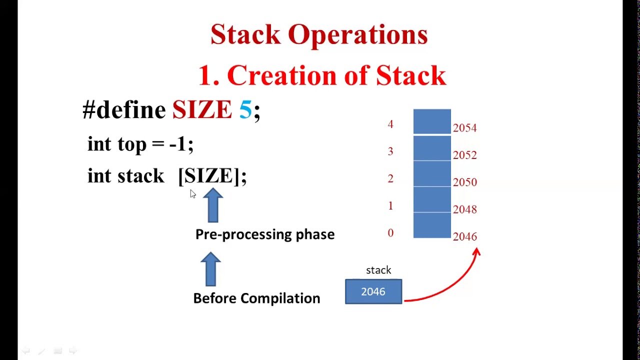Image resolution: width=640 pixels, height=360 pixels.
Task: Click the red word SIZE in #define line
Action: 202,109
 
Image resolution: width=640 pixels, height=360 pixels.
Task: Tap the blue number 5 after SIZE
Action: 245,109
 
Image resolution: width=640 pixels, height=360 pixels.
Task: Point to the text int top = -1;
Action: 140,144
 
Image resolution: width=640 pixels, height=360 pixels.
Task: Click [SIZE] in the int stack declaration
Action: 212,176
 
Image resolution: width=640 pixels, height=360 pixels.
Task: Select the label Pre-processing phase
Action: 264,234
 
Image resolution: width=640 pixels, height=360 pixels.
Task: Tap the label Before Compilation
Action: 256,298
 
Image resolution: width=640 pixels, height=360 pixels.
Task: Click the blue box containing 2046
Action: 373,292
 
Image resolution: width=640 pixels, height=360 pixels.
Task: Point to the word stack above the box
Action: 378,270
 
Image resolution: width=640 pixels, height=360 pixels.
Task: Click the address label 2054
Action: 464,128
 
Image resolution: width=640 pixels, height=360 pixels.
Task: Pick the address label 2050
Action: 464,182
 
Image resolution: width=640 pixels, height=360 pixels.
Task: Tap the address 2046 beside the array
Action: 464,236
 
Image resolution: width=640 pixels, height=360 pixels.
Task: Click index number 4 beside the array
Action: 390,124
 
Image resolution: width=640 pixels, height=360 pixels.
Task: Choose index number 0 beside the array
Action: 390,233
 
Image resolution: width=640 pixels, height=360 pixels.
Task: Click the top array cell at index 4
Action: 432,121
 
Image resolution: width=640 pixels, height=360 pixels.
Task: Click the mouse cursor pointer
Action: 193,194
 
